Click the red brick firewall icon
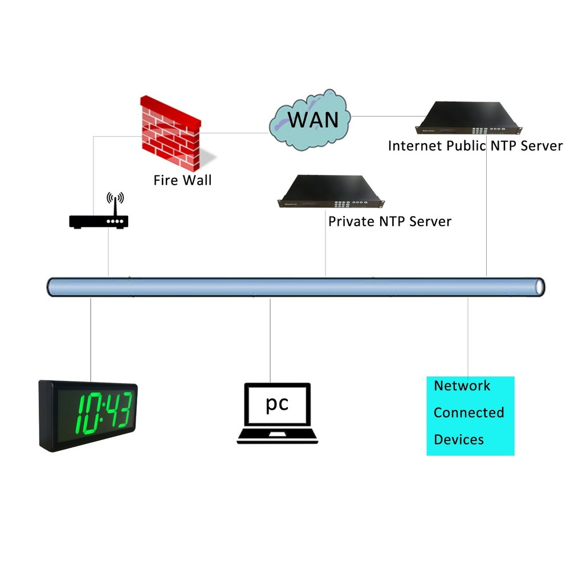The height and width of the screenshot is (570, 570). pyautogui.click(x=171, y=132)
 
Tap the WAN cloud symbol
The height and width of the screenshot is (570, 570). pyautogui.click(x=310, y=120)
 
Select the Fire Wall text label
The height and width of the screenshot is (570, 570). pyautogui.click(x=182, y=181)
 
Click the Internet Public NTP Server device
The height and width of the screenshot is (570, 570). pyautogui.click(x=471, y=117)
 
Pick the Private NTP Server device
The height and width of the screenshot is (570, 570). pyautogui.click(x=329, y=193)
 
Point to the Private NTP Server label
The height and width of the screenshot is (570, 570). pyautogui.click(x=390, y=221)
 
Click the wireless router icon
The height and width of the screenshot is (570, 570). pyautogui.click(x=99, y=221)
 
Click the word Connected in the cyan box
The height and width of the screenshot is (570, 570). pyautogui.click(x=469, y=412)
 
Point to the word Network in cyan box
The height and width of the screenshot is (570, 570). pyautogui.click(x=462, y=386)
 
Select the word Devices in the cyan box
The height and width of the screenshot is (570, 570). pyautogui.click(x=459, y=439)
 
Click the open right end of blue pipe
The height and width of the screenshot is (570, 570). pyautogui.click(x=538, y=287)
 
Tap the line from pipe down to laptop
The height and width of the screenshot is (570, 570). pyautogui.click(x=270, y=336)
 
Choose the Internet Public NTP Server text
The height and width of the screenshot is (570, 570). pyautogui.click(x=475, y=145)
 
